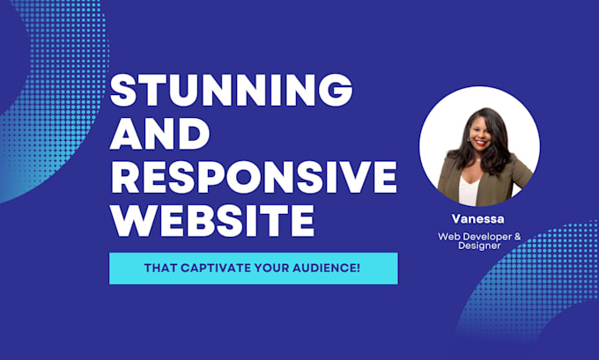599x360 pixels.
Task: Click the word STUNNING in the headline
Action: pos(231,90)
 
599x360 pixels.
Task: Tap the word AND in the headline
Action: pos(160,134)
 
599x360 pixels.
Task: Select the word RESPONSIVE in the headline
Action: pos(254,177)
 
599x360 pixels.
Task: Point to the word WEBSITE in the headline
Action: pos(213,221)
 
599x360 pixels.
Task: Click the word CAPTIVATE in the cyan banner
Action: pos(216,268)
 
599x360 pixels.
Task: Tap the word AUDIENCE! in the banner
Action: pos(326,268)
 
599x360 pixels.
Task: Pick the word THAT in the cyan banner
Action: pos(160,268)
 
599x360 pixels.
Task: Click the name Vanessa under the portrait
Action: pos(478,219)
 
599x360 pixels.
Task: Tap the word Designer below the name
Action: pos(479,246)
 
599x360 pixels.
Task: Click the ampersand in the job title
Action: pos(518,237)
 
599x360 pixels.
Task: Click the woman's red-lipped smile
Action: pos(481,143)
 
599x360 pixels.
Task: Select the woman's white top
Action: pos(468,191)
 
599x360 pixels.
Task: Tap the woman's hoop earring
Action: pos(469,138)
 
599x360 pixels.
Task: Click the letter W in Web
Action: pos(443,237)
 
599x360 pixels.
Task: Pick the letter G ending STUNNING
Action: pos(336,90)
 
